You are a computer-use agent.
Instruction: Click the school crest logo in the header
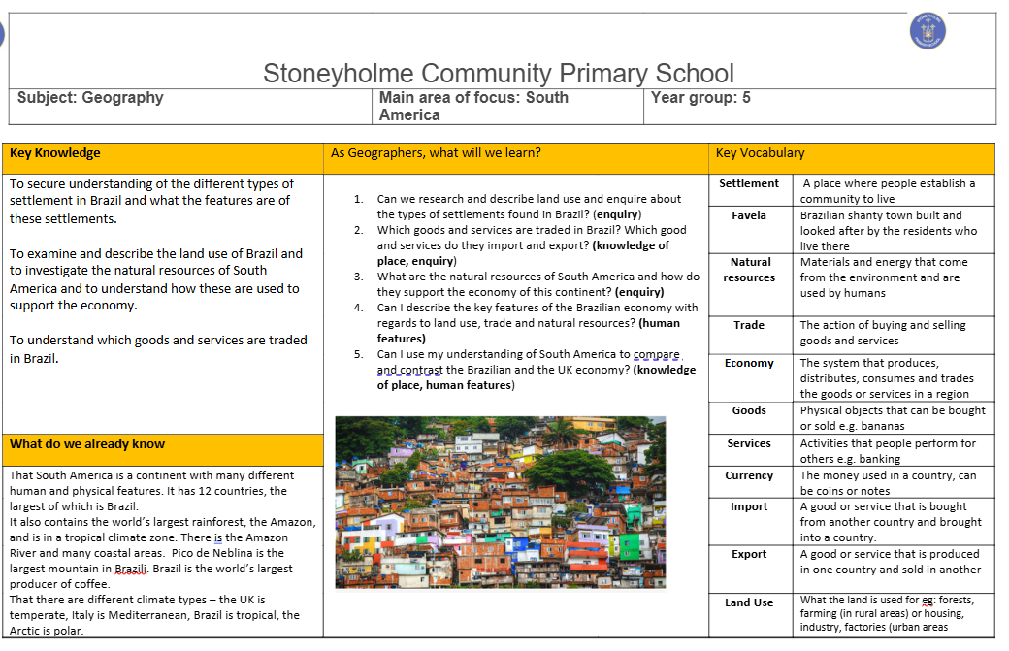click(928, 30)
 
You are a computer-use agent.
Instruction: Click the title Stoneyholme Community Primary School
click(498, 74)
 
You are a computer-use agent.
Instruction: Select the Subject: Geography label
click(90, 97)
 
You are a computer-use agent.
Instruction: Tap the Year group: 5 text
click(700, 97)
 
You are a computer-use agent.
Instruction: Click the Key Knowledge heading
click(55, 152)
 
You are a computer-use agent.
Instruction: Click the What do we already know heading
click(87, 444)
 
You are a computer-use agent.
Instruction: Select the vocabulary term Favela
click(749, 215)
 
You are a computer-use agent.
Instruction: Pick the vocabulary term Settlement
click(749, 183)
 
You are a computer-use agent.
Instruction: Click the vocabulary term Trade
click(749, 325)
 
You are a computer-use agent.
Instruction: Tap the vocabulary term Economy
click(749, 363)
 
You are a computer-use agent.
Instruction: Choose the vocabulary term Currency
click(749, 475)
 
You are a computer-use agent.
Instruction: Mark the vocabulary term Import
click(749, 506)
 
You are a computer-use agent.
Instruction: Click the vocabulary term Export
click(749, 554)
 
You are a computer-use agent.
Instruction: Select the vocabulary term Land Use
click(749, 602)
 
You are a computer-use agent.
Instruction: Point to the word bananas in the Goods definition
click(881, 426)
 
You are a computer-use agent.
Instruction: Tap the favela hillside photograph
click(501, 502)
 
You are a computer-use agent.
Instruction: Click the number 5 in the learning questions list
click(358, 354)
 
